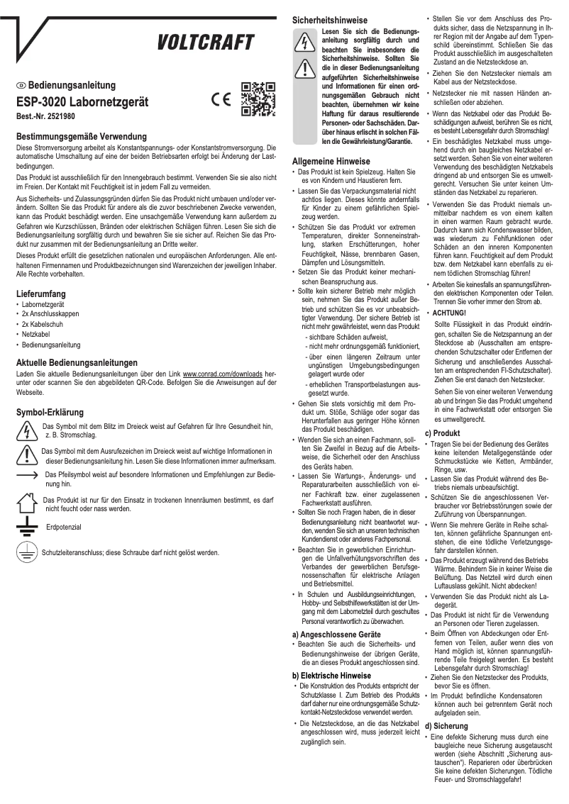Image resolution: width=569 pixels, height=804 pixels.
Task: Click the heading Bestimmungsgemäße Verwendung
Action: click(x=81, y=136)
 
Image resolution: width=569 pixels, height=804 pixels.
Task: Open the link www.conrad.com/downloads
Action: click(x=223, y=373)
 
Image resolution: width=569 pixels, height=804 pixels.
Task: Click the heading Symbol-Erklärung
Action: click(x=50, y=412)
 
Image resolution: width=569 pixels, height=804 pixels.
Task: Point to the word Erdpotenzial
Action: click(x=63, y=528)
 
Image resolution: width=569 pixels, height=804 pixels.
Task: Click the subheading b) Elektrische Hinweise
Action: click(x=331, y=676)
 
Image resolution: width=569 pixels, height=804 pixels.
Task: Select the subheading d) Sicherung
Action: click(x=448, y=726)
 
